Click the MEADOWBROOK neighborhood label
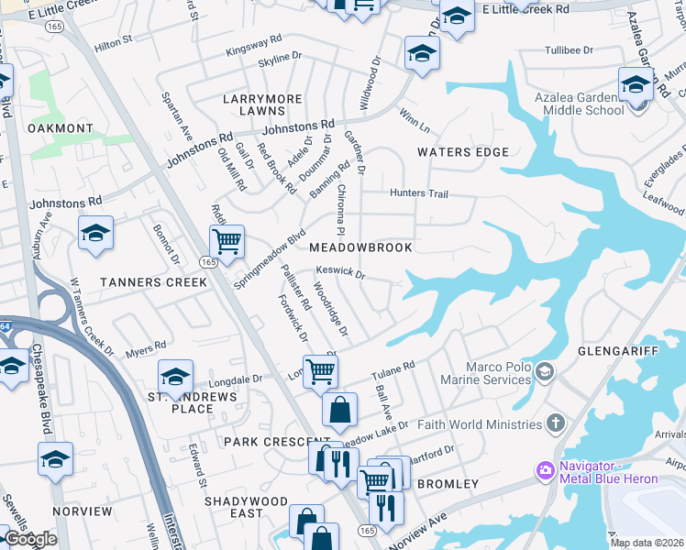coord(360,247)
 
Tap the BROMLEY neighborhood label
coord(448,483)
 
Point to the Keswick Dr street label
coord(340,273)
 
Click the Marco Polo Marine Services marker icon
coord(546,370)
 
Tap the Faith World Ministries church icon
coord(555,423)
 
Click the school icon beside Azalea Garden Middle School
coord(635,85)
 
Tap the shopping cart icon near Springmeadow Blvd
coord(226,242)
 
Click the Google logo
coord(30,539)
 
